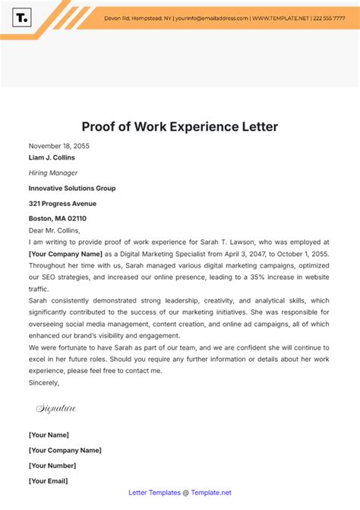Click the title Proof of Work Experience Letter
[180, 126]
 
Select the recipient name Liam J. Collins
[52, 158]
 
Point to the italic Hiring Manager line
[53, 173]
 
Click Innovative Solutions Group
[72, 188]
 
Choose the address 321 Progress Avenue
[62, 204]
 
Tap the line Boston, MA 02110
[58, 219]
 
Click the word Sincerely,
[44, 382]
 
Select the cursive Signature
[56, 409]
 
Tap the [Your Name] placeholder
[49, 435]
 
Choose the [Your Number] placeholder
[52, 465]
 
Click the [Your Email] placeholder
[49, 480]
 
